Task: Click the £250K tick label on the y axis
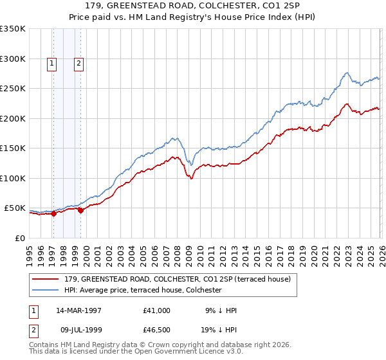13,89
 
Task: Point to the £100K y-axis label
13,178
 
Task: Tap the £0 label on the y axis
19,238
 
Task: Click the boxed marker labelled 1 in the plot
51,63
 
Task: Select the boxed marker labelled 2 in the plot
78,63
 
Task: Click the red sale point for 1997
54,214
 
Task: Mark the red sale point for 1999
80,210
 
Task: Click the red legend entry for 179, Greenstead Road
178,279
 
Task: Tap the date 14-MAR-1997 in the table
78,310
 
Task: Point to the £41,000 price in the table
157,310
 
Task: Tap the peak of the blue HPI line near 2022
347,73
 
